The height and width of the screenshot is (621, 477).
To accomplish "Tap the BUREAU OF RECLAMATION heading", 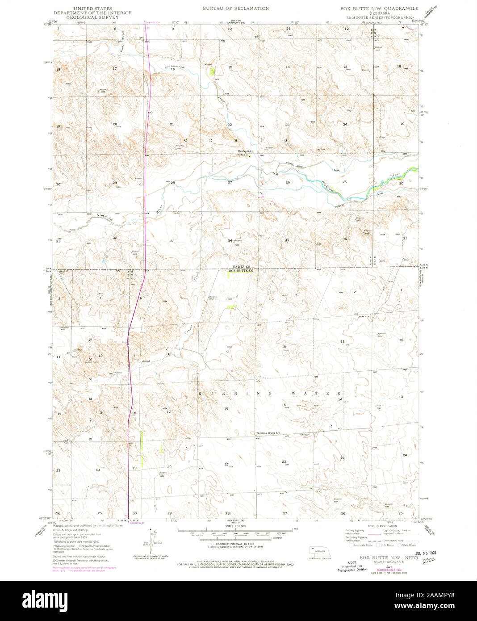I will tap(236, 8).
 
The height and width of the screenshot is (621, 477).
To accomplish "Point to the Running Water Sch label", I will tap(268, 433).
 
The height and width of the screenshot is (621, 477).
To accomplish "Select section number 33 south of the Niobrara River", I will tap(172, 240).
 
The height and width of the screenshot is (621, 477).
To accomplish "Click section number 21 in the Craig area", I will tap(172, 124).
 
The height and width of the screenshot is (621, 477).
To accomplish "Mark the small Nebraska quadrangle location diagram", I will tap(320, 551).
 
